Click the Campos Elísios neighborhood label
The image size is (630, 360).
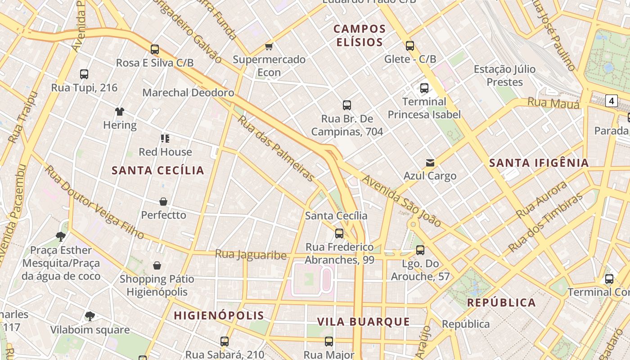360,36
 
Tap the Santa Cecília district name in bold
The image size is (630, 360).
158,171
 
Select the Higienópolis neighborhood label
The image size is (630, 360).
219,315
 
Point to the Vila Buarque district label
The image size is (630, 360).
364,322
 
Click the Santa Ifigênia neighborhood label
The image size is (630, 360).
539,163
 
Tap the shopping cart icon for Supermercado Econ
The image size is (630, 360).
269,47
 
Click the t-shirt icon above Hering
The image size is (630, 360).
120,112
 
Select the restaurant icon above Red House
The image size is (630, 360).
165,139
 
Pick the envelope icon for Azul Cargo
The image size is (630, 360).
430,163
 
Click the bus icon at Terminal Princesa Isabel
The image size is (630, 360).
424,88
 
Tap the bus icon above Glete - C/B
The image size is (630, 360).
410,46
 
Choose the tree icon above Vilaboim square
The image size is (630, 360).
90,316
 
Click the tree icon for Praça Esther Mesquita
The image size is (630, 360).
61,237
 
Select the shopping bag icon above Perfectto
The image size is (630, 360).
163,202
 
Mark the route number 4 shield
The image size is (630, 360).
611,101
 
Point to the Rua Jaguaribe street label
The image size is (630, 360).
251,255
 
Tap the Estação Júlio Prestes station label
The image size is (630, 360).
504,76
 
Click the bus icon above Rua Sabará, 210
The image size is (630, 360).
225,342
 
